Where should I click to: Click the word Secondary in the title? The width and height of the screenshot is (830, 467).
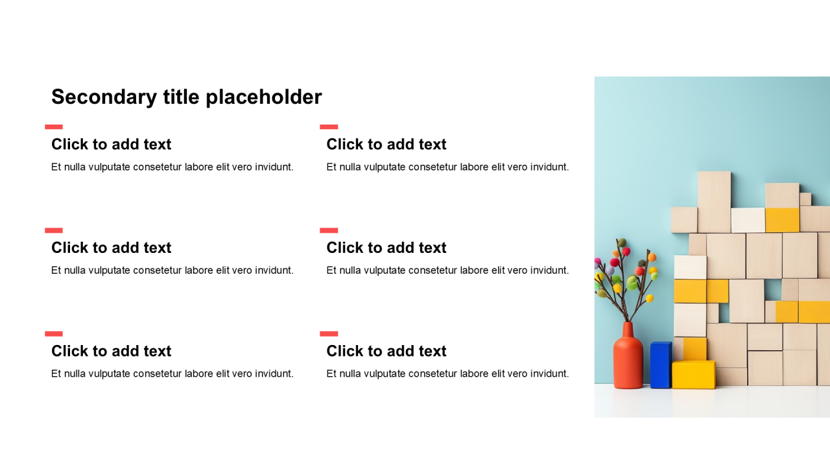[x=104, y=97]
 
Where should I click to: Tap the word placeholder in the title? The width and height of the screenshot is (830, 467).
[x=264, y=97]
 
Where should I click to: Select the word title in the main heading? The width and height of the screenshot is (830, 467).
[x=182, y=97]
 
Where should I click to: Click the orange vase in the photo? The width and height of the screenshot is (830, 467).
[x=628, y=356]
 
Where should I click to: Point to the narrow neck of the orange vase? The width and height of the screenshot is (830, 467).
[x=628, y=329]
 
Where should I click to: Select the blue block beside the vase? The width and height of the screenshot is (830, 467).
[x=661, y=365]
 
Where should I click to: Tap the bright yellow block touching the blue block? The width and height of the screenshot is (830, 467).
[x=693, y=374]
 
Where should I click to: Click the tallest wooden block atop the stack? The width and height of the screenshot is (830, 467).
[x=714, y=202]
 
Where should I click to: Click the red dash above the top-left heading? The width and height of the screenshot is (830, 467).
[x=54, y=126]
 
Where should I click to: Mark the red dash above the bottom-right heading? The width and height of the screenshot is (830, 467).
[x=329, y=333]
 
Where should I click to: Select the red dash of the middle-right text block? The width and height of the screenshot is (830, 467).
[x=329, y=230]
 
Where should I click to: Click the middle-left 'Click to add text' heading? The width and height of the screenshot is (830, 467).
[x=111, y=248]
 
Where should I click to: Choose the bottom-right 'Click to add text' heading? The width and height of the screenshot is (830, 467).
[x=386, y=351]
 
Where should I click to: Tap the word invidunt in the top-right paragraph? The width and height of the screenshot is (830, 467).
[x=549, y=167]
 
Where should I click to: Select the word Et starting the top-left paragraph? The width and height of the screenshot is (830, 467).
[x=56, y=167]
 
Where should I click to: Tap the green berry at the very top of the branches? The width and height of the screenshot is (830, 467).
[x=622, y=243]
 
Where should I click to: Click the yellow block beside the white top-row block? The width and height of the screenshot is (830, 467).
[x=782, y=220]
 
